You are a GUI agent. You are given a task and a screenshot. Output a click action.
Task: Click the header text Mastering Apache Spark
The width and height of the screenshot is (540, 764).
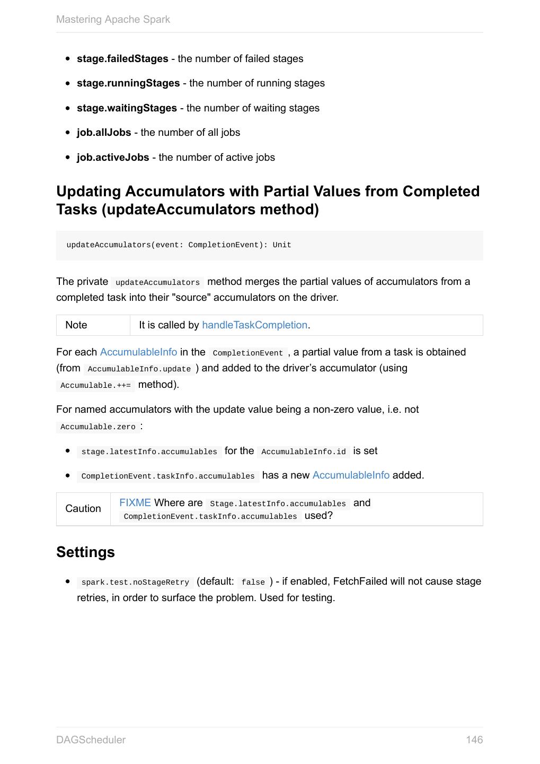pos(113,20)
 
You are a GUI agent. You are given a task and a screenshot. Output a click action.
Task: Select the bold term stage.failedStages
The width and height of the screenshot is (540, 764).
pos(122,59)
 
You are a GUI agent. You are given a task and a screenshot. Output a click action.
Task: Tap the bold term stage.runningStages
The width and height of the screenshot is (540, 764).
pos(128,83)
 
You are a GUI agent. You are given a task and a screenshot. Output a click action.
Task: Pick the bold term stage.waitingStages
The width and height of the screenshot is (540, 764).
pos(127,108)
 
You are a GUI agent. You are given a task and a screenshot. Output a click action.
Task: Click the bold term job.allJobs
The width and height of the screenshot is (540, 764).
pos(104,133)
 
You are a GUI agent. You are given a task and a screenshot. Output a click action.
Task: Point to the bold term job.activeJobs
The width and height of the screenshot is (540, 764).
pos(113,158)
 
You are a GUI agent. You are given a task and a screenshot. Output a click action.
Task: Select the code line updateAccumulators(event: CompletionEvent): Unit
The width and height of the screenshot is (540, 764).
pos(179,245)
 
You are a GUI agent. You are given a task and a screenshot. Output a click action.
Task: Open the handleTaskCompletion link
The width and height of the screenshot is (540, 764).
pos(254,325)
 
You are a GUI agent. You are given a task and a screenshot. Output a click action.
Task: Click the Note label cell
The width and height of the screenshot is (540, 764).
pos(76,325)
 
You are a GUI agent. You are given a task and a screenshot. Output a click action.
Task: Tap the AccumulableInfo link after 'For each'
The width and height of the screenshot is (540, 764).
pos(138,352)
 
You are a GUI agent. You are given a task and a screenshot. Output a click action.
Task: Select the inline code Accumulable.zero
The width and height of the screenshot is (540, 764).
pos(98,427)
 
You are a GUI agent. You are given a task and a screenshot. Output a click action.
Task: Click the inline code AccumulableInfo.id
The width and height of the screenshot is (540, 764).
pos(304,452)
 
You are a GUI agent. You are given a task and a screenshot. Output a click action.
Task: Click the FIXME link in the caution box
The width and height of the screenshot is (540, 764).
pos(135,503)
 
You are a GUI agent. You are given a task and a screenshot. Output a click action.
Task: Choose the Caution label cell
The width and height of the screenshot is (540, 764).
pos(83,509)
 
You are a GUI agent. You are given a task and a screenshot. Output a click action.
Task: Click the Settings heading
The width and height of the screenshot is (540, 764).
pos(85,552)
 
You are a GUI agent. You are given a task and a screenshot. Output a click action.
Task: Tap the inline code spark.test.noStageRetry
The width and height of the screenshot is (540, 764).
pos(135,583)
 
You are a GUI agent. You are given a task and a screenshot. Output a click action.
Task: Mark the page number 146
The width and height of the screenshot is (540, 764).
pos(474,740)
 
